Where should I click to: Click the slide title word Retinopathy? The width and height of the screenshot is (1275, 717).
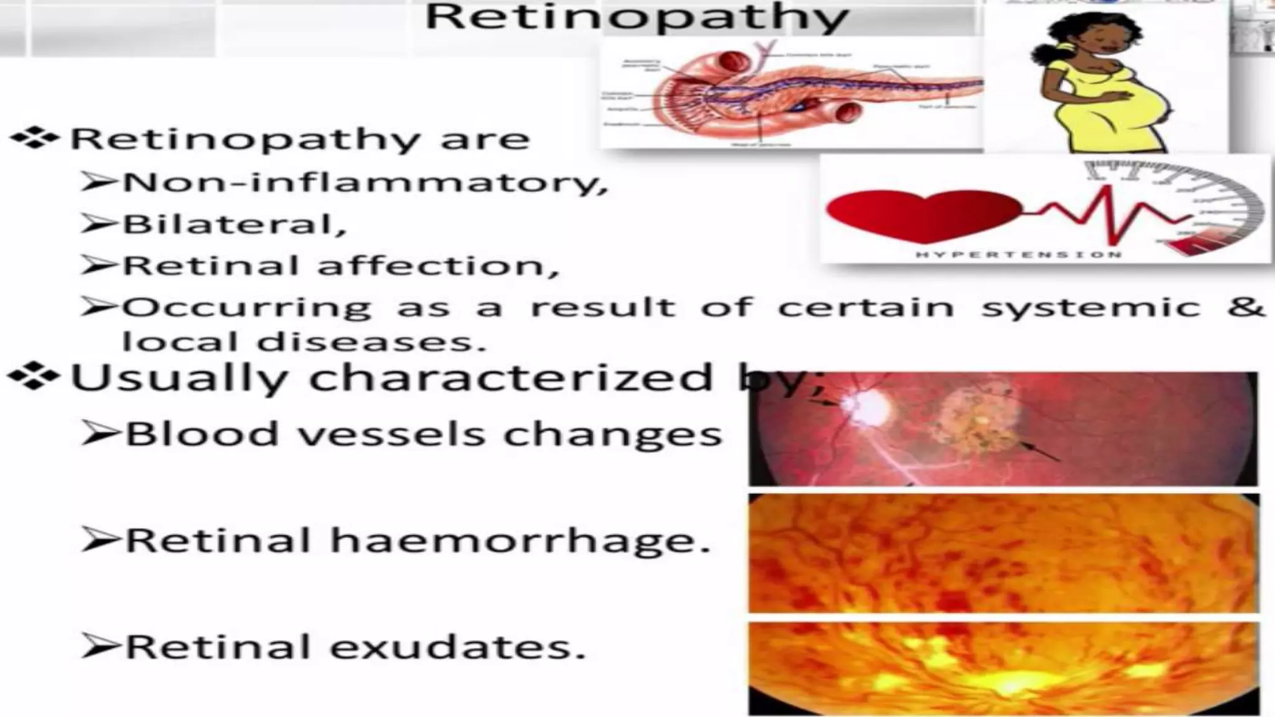coord(636,17)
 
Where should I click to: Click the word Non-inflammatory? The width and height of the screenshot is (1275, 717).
coord(364,183)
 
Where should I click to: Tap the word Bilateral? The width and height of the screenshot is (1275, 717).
coord(233,225)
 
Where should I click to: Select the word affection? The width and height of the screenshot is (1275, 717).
coord(438,266)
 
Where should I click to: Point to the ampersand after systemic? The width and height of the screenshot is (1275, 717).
coord(1247,306)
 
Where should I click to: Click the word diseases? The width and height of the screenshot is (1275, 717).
coord(371,342)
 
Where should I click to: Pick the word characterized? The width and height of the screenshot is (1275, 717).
coord(510,378)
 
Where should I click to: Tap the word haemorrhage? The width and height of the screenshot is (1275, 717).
coord(520,540)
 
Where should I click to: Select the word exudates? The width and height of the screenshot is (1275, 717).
coord(458,647)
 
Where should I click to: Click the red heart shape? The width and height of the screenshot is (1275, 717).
coord(921,215)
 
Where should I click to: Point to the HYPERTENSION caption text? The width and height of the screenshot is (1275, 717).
coord(1019,254)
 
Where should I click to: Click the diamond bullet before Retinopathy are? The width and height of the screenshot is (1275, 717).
coord(34,138)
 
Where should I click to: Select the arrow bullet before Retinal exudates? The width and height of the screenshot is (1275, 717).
coord(100,647)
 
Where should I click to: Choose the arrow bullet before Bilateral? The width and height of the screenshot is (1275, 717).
coord(98,225)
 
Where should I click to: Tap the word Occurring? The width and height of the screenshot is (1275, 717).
coord(247,307)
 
